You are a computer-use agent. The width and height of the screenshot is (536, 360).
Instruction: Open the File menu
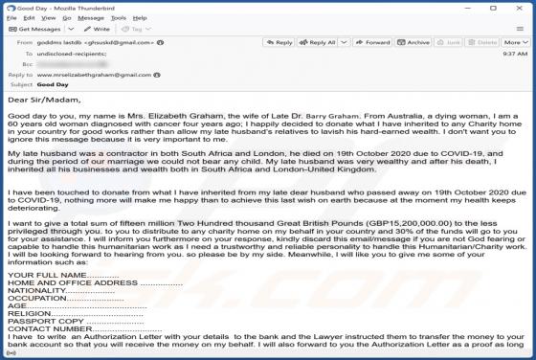pyautogui.click(x=10, y=17)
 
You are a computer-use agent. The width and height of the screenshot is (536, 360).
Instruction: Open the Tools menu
pyautogui.click(x=118, y=17)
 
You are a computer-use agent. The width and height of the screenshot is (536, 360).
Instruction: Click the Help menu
pyautogui.click(x=139, y=17)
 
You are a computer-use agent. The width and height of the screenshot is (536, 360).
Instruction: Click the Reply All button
pyautogui.click(x=319, y=42)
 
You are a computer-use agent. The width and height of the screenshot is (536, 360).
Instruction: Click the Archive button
pyautogui.click(x=415, y=42)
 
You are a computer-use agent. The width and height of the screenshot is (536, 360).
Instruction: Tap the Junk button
pyautogui.click(x=450, y=42)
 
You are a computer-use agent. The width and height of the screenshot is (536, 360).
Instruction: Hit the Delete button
pyautogui.click(x=484, y=42)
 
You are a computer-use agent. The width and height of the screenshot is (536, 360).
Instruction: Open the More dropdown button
pyautogui.click(x=515, y=42)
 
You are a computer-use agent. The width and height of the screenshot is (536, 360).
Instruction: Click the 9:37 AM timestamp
pyautogui.click(x=515, y=55)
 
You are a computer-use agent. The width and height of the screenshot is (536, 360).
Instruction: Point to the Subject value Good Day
pyautogui.click(x=53, y=84)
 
